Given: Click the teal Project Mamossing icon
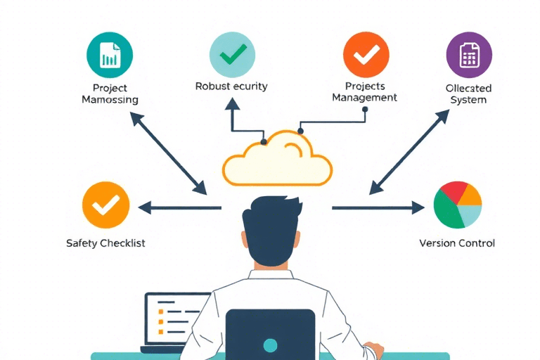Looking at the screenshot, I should click(109, 54).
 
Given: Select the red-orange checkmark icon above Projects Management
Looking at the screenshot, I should click(366, 54).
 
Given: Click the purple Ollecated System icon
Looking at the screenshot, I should click(469, 54).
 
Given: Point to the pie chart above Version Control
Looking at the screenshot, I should click(457, 205).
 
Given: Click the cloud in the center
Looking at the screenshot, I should click(277, 160).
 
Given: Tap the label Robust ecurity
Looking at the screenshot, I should click(231, 86).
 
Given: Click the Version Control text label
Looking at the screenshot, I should click(456, 243).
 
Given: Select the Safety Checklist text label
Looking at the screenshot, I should click(105, 243).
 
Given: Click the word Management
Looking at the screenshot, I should click(364, 98).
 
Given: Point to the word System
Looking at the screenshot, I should click(468, 100).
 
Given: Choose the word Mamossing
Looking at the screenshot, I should click(110, 100).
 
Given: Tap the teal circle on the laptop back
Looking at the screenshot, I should click(270, 345).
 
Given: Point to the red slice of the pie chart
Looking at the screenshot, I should click(452, 192).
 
